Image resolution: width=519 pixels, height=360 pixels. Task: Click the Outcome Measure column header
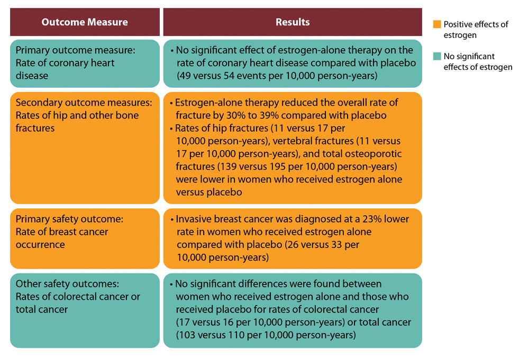[x=85, y=22]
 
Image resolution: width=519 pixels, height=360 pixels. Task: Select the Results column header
[x=293, y=22]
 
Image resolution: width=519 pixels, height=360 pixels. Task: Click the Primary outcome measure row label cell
[x=85, y=63]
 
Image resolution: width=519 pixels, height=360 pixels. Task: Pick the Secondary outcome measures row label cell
[x=85, y=147]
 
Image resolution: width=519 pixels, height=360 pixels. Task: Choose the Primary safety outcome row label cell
[x=85, y=238]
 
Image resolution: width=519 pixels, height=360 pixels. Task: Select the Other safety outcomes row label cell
[x=85, y=310]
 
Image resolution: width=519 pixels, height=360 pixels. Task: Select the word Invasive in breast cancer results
[x=193, y=219]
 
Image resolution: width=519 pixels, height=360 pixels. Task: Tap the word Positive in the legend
[x=458, y=24]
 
